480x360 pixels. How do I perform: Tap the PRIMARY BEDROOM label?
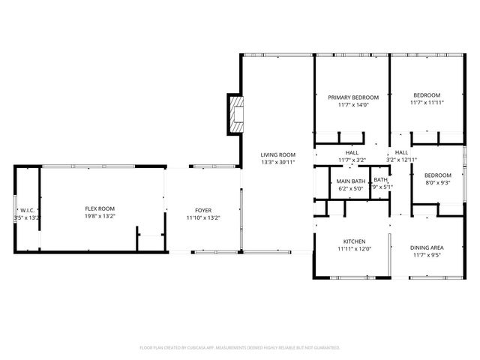click(x=352, y=97)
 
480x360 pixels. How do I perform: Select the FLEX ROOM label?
click(x=99, y=208)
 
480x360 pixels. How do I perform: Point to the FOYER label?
click(x=202, y=210)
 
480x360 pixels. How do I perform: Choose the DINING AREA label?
click(x=427, y=247)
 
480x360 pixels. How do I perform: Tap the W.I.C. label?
click(x=29, y=210)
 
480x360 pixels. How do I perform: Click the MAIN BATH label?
click(x=350, y=181)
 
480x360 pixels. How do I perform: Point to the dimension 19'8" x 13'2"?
click(x=99, y=217)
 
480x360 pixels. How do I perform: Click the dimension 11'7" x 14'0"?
click(x=352, y=105)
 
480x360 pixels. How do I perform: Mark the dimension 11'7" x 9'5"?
click(x=427, y=256)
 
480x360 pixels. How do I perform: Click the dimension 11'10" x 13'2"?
click(x=202, y=218)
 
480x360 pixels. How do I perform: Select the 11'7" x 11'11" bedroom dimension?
click(x=426, y=103)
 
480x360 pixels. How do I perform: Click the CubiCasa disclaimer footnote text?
click(x=240, y=348)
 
